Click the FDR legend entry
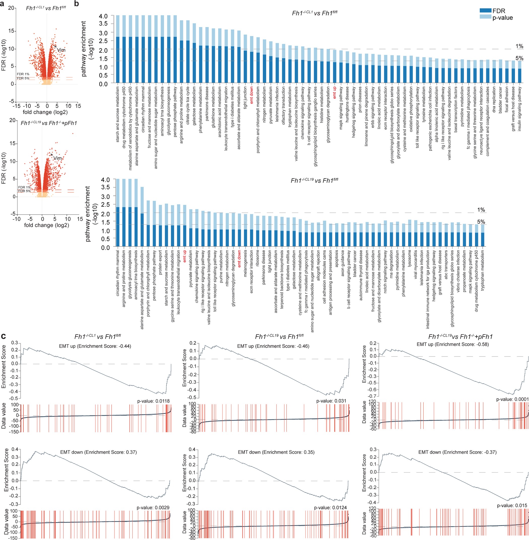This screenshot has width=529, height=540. (499, 11)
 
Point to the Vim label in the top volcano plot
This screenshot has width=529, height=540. (61, 50)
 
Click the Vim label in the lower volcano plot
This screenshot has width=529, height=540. (57, 158)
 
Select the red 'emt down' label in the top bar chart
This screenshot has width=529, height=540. (251, 95)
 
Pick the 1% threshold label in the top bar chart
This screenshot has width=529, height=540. (519, 46)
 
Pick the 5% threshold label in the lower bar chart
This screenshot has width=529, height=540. (481, 222)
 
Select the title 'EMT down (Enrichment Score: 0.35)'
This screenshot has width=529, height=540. (276, 452)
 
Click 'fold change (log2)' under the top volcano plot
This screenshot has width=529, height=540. (45, 112)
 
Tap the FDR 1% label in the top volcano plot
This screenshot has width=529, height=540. (23, 74)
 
